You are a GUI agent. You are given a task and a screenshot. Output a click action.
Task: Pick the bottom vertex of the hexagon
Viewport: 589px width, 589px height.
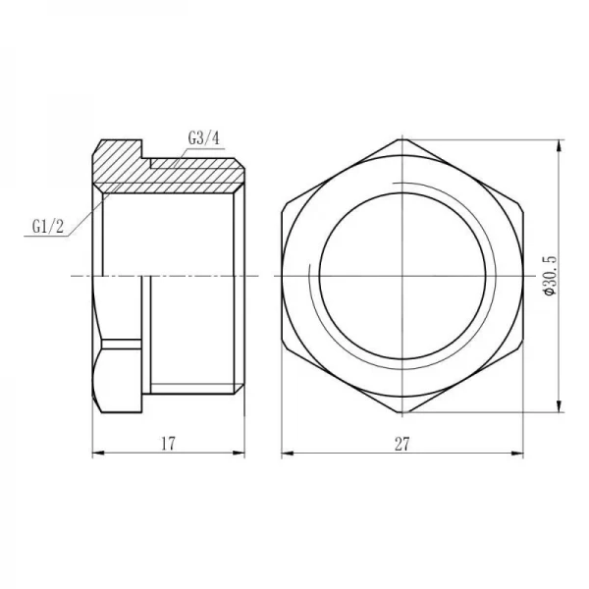(402, 416)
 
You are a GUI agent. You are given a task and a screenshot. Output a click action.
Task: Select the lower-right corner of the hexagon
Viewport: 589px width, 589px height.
(521, 348)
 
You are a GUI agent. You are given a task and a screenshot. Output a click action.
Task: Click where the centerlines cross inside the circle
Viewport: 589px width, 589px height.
(402, 279)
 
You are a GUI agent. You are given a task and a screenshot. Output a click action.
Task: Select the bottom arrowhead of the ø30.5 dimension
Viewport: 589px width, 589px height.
(559, 411)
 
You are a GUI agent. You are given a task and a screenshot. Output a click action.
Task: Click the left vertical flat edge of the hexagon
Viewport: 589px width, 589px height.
(283, 279)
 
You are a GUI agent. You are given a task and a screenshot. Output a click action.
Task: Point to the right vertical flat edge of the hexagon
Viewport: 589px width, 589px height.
(521, 279)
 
